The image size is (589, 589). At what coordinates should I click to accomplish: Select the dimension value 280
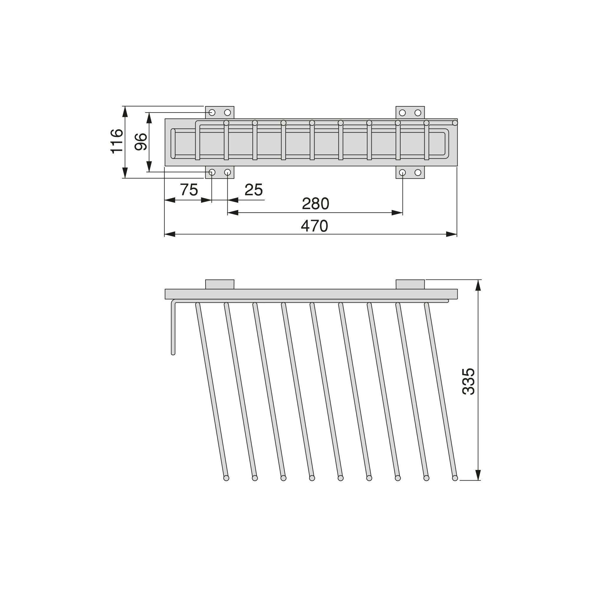[x=315, y=204]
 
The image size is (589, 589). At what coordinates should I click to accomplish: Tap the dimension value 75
[x=189, y=190]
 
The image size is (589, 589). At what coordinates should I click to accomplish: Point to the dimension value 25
[x=254, y=190]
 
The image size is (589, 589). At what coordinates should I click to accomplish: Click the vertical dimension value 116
[x=117, y=141]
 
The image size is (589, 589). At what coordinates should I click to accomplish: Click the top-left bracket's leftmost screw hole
[x=212, y=112]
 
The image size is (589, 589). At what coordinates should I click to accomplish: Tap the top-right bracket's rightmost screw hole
[x=418, y=113]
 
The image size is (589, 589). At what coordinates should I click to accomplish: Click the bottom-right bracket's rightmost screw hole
[x=418, y=173]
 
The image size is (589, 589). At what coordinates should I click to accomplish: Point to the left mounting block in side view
[x=219, y=284]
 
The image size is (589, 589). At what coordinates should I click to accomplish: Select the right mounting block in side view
[x=410, y=284]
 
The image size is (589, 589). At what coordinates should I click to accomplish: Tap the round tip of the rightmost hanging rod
[x=455, y=478]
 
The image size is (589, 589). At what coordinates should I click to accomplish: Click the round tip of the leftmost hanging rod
[x=226, y=478]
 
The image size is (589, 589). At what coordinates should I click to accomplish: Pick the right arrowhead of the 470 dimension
[x=452, y=234]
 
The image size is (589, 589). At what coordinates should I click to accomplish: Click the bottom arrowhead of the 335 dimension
[x=478, y=475]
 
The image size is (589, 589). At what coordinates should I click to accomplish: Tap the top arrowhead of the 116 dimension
[x=125, y=112]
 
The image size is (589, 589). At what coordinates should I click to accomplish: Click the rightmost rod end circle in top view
[x=455, y=123]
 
